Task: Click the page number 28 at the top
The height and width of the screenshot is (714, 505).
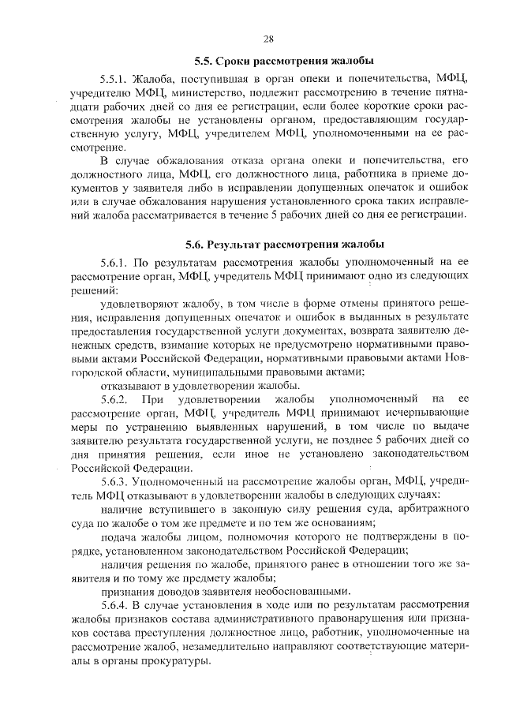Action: [x=268, y=39]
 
